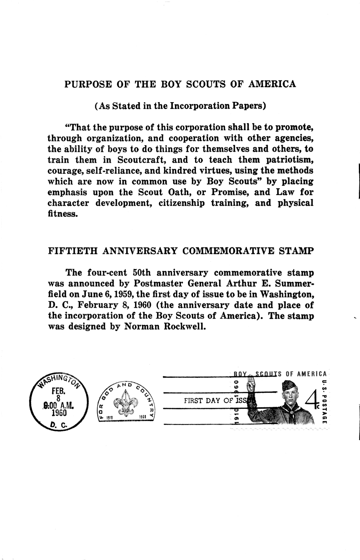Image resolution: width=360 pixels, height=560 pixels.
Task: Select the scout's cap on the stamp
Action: click(288, 385)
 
